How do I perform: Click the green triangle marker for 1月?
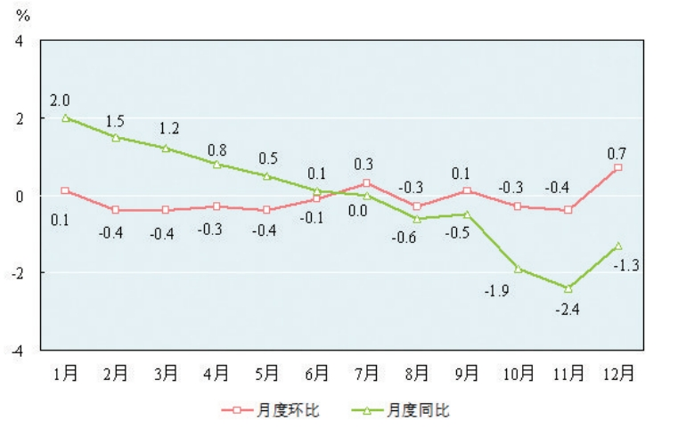click(65, 117)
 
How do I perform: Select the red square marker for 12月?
click(618, 167)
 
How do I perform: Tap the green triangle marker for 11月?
click(568, 288)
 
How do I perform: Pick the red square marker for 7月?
click(367, 183)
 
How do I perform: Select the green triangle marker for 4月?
click(216, 164)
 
